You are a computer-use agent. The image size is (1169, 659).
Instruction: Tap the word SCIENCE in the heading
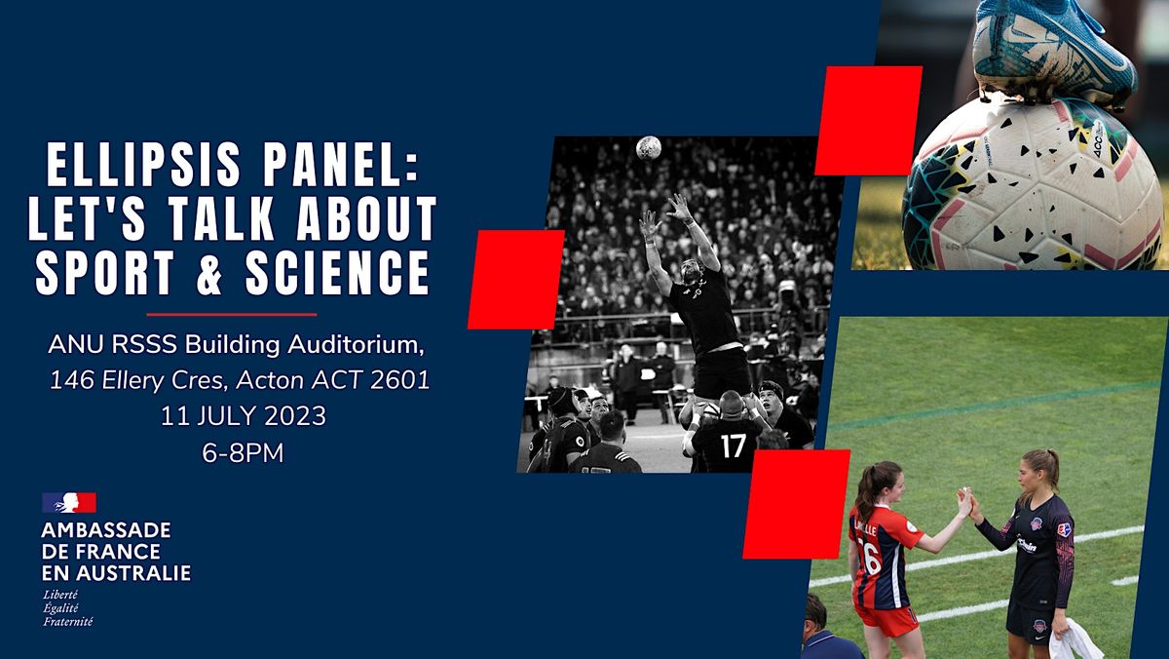[x=346, y=273]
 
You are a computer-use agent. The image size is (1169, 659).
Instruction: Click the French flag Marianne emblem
[x=68, y=503]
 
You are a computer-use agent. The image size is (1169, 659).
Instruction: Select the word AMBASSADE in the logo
[x=106, y=531]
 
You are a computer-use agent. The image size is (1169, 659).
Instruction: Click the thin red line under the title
[x=231, y=314]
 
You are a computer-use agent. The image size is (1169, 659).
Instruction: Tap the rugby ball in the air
[x=648, y=147]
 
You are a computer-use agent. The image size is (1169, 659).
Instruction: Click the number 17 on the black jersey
[x=733, y=446]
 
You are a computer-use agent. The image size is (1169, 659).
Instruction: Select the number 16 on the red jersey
[x=867, y=558]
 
